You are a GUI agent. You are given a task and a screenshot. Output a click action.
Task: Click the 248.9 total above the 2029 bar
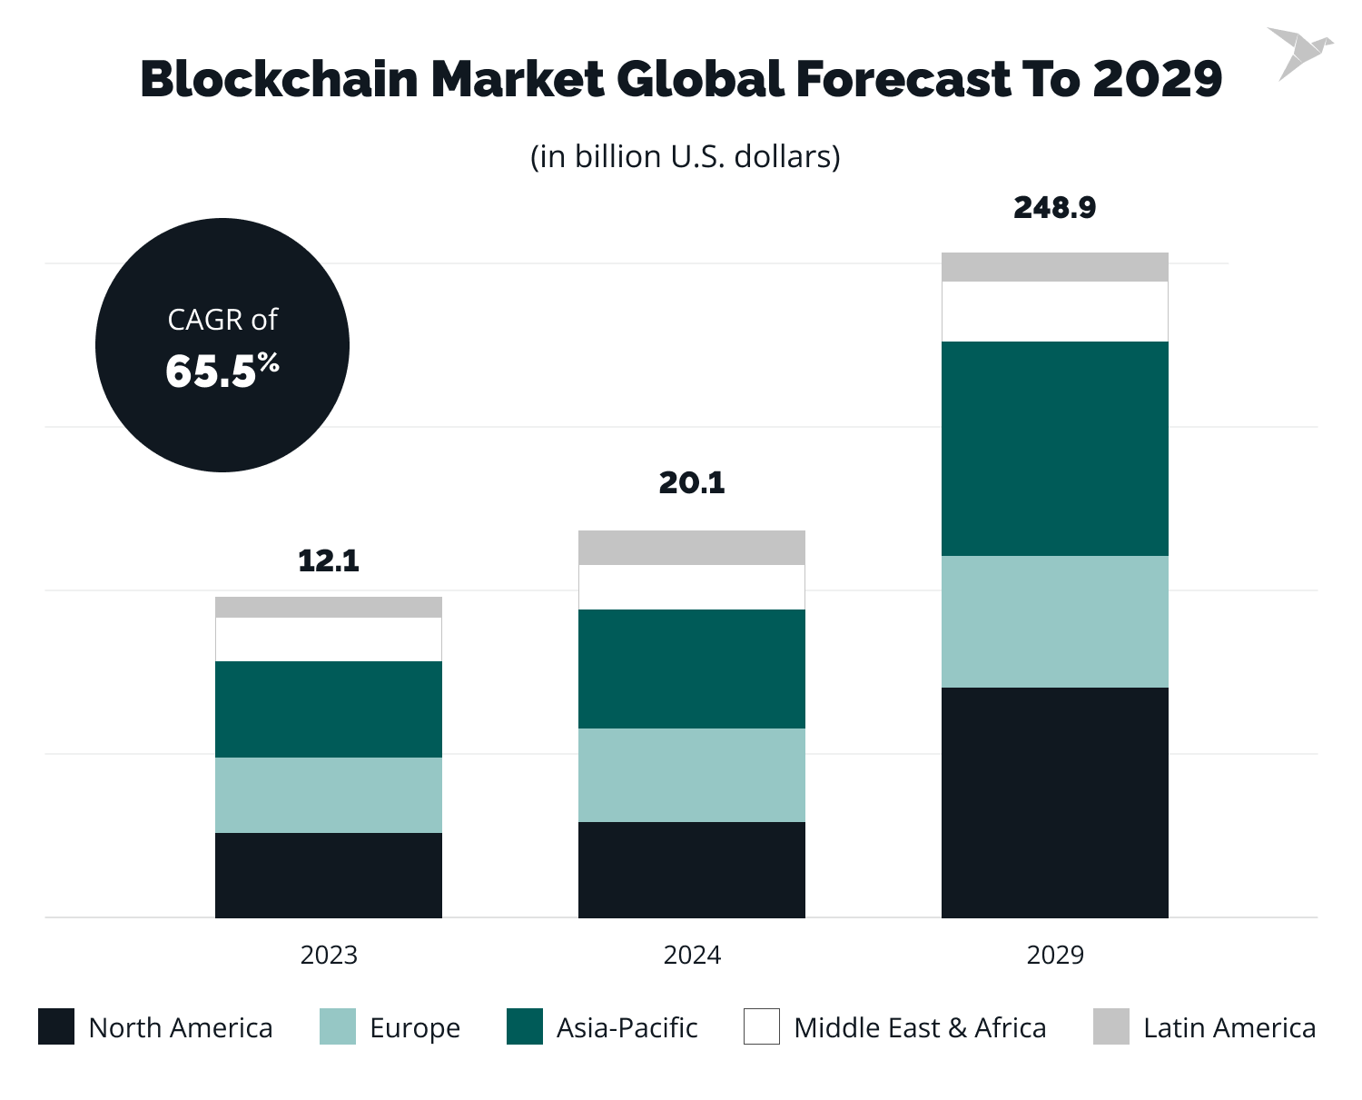click(1054, 208)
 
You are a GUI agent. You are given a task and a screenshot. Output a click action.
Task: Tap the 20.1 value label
click(692, 483)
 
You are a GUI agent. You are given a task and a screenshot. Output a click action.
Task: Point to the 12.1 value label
click(329, 561)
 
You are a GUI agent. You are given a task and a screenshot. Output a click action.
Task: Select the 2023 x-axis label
click(329, 955)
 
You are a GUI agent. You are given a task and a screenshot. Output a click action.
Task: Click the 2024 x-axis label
click(692, 955)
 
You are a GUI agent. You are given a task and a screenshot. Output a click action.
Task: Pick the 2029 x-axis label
click(1055, 955)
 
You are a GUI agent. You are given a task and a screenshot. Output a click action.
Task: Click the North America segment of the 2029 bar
click(1054, 802)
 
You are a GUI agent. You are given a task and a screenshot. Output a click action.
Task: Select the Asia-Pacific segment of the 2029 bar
click(1054, 449)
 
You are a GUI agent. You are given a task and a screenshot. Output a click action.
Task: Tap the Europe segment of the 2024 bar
click(692, 775)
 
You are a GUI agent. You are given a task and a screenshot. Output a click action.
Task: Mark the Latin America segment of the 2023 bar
click(329, 607)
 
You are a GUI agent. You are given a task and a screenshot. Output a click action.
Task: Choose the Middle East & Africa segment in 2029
click(1054, 312)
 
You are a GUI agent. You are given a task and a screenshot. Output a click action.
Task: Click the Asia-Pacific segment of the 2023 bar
click(329, 709)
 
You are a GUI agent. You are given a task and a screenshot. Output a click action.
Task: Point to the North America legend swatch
click(56, 1026)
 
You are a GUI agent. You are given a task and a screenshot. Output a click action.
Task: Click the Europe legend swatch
click(338, 1026)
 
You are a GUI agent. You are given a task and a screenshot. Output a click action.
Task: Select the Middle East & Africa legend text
click(919, 1027)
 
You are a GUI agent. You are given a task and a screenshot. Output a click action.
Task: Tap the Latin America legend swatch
click(1111, 1026)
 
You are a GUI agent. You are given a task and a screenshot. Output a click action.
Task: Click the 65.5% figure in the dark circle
click(222, 371)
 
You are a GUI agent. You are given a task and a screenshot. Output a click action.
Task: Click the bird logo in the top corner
click(1298, 52)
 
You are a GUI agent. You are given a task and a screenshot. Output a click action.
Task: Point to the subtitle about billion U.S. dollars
click(685, 156)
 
